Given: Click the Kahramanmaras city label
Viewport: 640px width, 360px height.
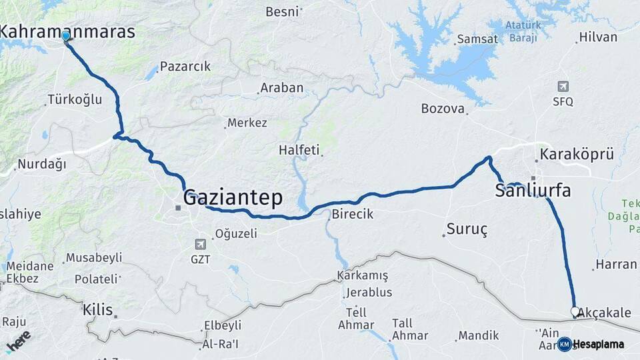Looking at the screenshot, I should (x=68, y=31).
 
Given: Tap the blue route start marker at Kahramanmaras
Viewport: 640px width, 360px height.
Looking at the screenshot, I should (x=66, y=37).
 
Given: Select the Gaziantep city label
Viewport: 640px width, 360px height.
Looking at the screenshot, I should (x=233, y=197).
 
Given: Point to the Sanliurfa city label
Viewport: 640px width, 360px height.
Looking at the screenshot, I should (x=533, y=191).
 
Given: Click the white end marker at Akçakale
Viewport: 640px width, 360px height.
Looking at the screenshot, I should (x=575, y=311).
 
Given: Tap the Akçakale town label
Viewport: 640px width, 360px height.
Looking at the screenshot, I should (x=604, y=313).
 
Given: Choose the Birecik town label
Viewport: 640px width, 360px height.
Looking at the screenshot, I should (x=352, y=214).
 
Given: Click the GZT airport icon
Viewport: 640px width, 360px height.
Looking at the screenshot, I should (x=201, y=244).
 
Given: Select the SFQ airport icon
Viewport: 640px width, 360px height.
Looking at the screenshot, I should (x=563, y=87).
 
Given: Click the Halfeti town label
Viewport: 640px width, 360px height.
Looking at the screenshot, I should (x=299, y=150).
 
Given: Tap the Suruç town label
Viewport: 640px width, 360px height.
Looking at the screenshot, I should (x=467, y=230).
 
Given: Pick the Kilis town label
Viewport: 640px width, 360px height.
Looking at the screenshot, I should (x=97, y=309).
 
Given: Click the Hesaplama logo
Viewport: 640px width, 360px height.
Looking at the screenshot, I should (x=591, y=344).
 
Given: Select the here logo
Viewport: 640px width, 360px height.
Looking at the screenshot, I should (x=18, y=340).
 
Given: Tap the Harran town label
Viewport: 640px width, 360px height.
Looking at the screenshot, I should (x=616, y=264).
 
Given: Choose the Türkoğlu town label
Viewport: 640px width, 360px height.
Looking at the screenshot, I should (x=75, y=100).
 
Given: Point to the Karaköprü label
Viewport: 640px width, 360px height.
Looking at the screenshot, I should (x=577, y=155).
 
